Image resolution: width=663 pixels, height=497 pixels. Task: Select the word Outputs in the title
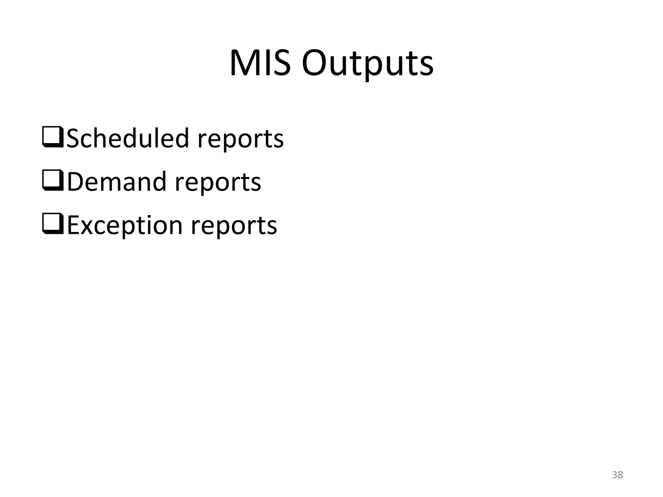(367, 64)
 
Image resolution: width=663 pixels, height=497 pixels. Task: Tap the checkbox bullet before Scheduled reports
(53, 138)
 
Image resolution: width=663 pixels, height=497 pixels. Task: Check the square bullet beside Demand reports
(53, 181)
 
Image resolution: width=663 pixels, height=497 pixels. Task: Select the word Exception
(125, 226)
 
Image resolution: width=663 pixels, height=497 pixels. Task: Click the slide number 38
(617, 475)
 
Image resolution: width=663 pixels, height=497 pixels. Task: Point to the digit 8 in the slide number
(620, 475)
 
